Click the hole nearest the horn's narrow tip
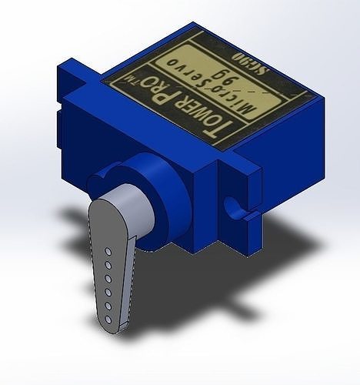(x=108, y=318)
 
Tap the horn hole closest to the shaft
(x=109, y=251)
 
